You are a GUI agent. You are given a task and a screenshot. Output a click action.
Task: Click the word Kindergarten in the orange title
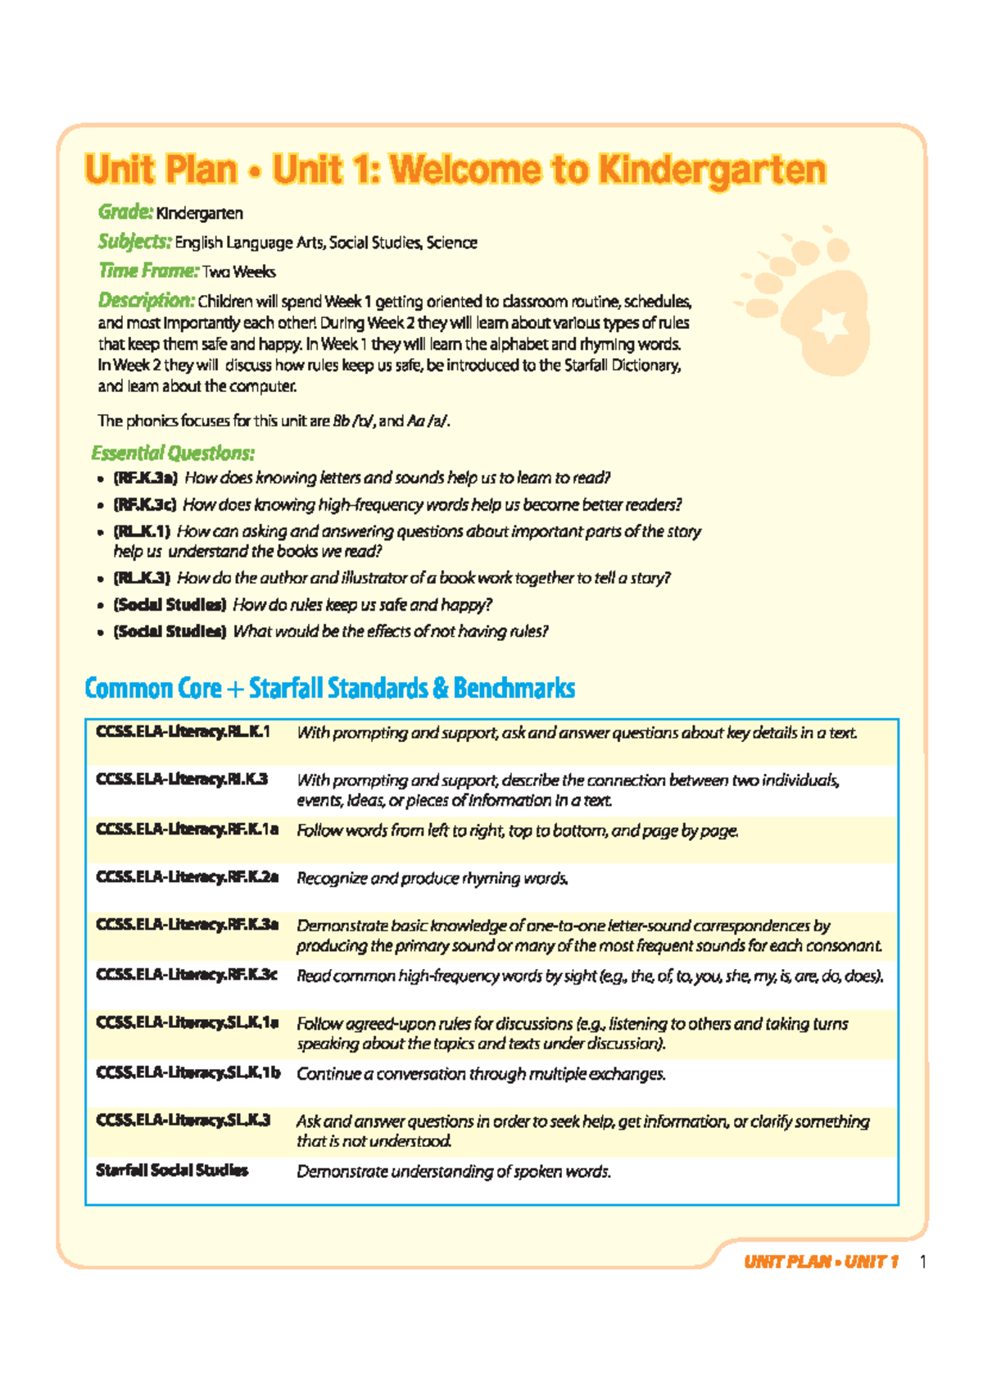tap(711, 170)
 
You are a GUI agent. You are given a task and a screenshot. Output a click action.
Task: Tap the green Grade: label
tap(125, 212)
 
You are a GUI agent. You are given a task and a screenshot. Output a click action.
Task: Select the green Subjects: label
tap(134, 242)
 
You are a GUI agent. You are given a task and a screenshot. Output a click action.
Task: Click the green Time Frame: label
tap(148, 271)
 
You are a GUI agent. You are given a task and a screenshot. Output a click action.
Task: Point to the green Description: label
tap(146, 300)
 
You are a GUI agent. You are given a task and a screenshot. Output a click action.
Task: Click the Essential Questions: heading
tap(173, 453)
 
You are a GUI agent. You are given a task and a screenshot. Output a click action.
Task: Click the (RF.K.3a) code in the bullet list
tap(145, 478)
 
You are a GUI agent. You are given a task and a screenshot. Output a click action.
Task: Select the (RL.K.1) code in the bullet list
tap(142, 531)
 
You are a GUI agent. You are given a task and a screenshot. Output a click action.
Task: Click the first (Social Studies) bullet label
tap(170, 605)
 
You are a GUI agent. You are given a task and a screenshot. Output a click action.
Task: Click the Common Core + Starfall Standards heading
tap(329, 688)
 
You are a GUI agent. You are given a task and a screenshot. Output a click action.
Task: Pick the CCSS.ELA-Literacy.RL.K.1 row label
tap(183, 731)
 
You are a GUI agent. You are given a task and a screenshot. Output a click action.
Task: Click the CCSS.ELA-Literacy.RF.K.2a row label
tap(187, 877)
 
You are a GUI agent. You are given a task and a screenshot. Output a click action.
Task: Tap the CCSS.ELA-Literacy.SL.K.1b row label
tap(188, 1072)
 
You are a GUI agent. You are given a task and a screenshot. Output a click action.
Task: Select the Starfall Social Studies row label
tap(172, 1170)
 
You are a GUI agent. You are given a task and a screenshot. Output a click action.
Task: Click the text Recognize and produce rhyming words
tap(432, 878)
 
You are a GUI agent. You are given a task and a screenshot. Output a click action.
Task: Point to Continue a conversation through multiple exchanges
tap(481, 1074)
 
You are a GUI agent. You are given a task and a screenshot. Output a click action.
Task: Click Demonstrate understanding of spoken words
tap(454, 1171)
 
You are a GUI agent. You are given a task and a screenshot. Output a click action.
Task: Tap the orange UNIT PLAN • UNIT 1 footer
tap(821, 1262)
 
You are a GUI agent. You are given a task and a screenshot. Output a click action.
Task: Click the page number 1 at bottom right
tap(923, 1262)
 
